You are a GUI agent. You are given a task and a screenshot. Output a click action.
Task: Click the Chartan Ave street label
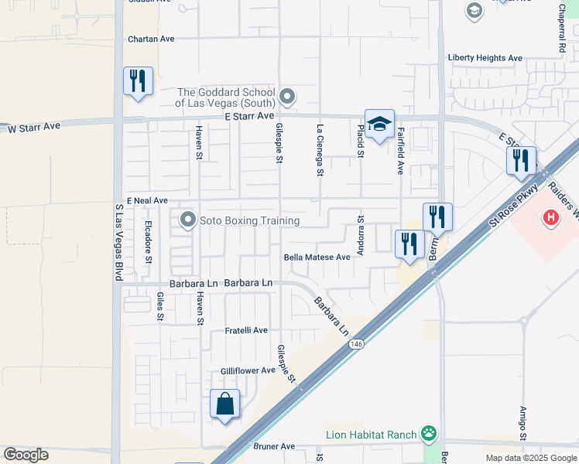(152, 39)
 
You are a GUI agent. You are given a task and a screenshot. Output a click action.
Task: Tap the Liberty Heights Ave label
(485, 58)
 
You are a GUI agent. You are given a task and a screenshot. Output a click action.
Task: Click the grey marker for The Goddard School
(288, 97)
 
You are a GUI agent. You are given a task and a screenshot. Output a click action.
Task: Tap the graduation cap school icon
(379, 124)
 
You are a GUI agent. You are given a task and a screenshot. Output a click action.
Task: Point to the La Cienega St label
(319, 149)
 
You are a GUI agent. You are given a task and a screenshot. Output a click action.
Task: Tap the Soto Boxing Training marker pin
(187, 220)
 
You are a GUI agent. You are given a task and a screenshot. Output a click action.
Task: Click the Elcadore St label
(147, 241)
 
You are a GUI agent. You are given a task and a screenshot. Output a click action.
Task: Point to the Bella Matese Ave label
(317, 258)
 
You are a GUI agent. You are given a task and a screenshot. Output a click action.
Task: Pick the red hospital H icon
(550, 219)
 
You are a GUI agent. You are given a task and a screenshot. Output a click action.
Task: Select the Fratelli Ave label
(246, 330)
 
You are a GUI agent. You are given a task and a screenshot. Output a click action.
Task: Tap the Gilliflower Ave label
(248, 370)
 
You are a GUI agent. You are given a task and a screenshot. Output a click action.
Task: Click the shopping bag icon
(224, 404)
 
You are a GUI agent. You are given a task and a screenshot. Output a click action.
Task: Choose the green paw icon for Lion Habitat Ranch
(428, 433)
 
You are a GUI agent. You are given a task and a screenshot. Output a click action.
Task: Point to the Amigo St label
(523, 424)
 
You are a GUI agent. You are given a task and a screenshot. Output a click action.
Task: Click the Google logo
(26, 455)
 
